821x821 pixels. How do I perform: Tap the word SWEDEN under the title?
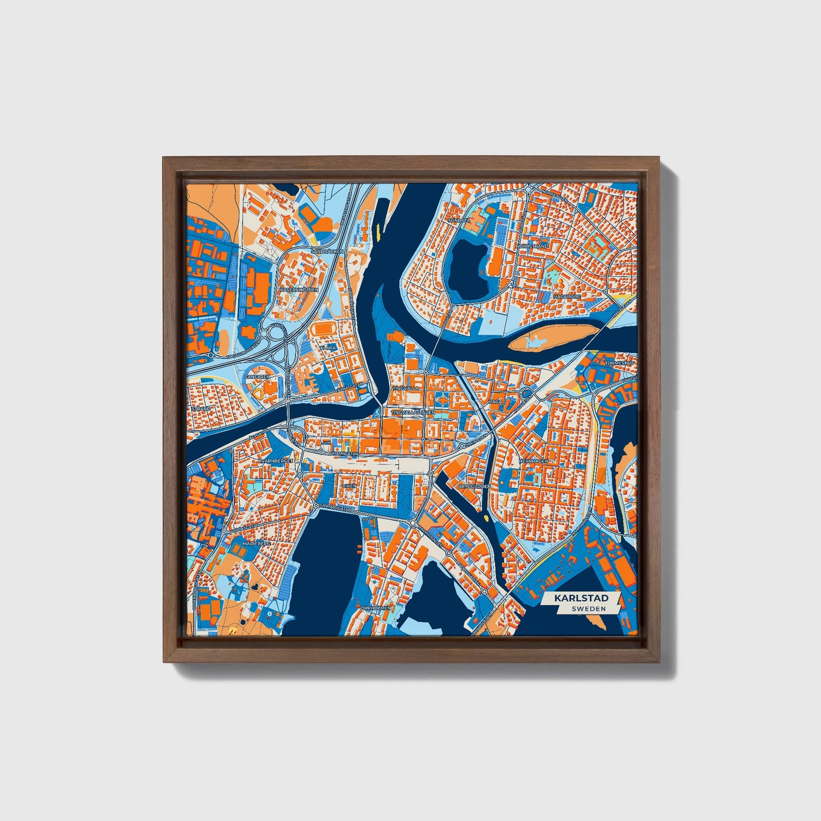588,609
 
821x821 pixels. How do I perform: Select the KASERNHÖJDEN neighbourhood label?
299,290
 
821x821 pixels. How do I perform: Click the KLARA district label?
328,347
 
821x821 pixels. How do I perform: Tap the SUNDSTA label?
458,220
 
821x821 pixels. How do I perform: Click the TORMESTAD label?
619,362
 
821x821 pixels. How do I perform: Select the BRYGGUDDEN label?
474,486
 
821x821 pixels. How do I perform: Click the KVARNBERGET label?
274,461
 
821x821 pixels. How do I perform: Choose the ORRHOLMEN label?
376,608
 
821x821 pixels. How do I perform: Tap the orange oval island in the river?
553,337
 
